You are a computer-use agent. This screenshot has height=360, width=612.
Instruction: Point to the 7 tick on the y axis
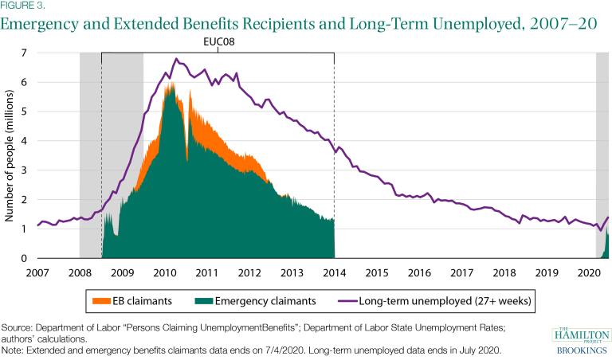(25, 53)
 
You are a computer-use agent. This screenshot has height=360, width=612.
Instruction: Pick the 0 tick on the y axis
(25, 258)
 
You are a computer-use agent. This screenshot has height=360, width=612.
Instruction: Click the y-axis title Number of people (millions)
(10, 156)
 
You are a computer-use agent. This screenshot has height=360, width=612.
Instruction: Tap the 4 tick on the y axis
(25, 141)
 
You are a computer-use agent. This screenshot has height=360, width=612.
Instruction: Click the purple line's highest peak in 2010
(176, 58)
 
